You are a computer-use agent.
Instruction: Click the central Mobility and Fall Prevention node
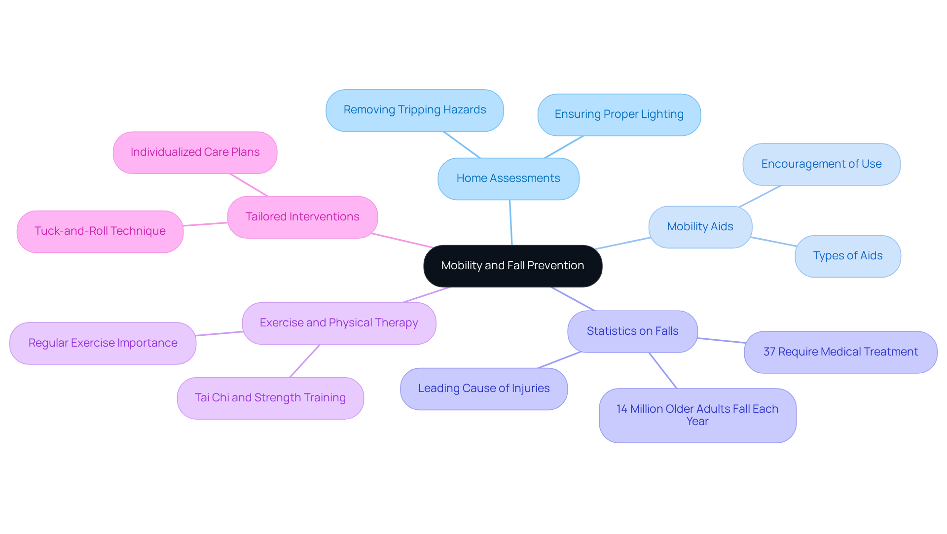pyautogui.click(x=512, y=266)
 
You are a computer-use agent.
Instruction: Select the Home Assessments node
pyautogui.click(x=508, y=178)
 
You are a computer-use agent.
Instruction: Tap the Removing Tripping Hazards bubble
pyautogui.click(x=414, y=110)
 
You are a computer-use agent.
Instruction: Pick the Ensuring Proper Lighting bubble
pyautogui.click(x=619, y=114)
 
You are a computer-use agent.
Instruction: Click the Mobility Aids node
pyautogui.click(x=700, y=227)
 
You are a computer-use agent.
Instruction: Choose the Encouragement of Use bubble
pyautogui.click(x=821, y=164)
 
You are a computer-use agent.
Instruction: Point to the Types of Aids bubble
pyautogui.click(x=847, y=256)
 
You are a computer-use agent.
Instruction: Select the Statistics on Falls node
pyautogui.click(x=632, y=331)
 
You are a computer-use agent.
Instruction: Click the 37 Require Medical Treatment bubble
pyautogui.click(x=840, y=352)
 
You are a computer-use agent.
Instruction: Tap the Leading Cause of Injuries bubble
pyautogui.click(x=483, y=389)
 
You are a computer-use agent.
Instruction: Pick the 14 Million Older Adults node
pyautogui.click(x=697, y=415)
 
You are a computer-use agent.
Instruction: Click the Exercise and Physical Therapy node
pyautogui.click(x=339, y=323)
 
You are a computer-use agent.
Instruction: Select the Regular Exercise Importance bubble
pyautogui.click(x=103, y=343)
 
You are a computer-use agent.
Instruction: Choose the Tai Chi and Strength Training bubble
pyautogui.click(x=270, y=398)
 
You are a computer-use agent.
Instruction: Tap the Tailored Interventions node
pyautogui.click(x=302, y=217)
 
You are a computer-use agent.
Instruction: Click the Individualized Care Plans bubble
pyautogui.click(x=195, y=152)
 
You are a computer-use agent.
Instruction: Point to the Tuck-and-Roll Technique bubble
pyautogui.click(x=100, y=231)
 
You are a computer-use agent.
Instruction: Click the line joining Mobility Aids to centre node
pyautogui.click(x=622, y=243)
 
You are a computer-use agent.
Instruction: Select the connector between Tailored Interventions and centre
pyautogui.click(x=402, y=241)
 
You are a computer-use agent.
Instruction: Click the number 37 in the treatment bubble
pyautogui.click(x=769, y=352)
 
